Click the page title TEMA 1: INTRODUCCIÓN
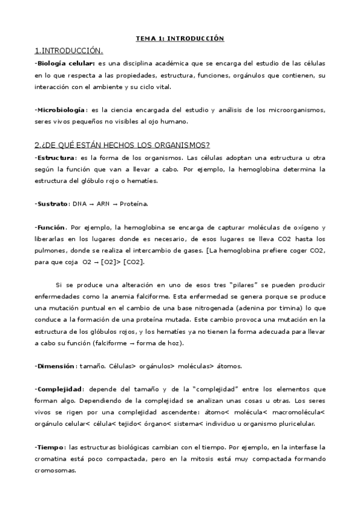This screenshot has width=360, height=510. [x=180, y=38]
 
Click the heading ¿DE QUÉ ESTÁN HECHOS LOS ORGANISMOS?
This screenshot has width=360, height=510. [x=122, y=145]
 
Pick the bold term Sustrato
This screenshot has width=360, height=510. [x=52, y=204]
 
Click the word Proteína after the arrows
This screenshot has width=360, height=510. [x=133, y=204]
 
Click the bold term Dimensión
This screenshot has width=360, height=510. [x=56, y=366]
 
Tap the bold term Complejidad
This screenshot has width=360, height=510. [x=59, y=389]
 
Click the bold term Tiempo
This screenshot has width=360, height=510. [x=51, y=447]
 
